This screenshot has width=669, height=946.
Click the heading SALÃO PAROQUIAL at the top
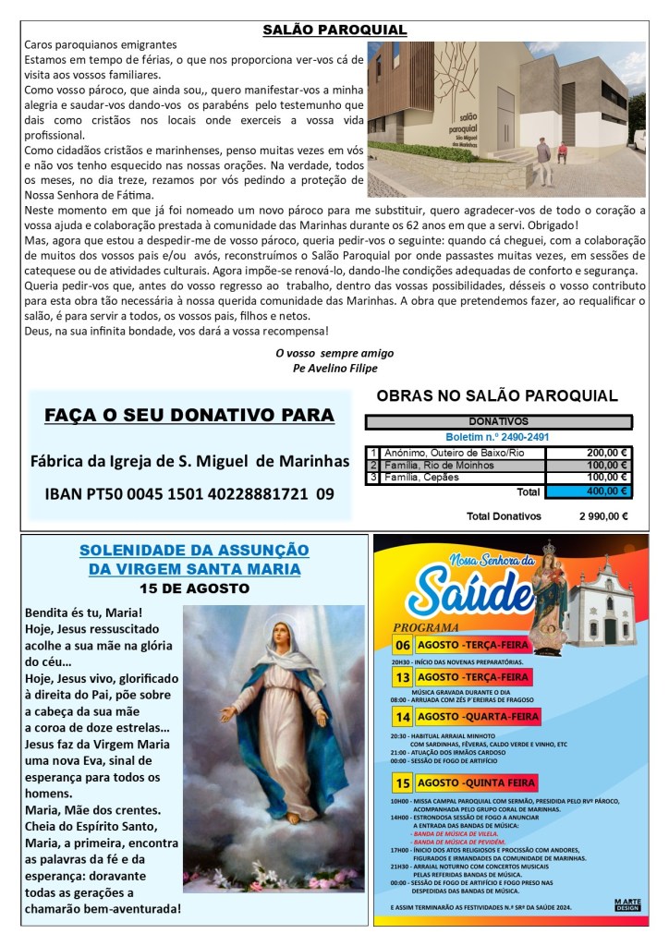click(334, 30)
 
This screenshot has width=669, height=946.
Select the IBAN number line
click(189, 494)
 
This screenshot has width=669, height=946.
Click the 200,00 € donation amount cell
click(588, 453)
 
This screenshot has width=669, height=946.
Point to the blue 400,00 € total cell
click(588, 491)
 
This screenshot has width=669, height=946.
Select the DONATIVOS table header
click(499, 421)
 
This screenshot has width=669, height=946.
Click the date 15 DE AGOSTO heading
click(193, 588)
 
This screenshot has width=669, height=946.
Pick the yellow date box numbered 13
click(403, 677)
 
